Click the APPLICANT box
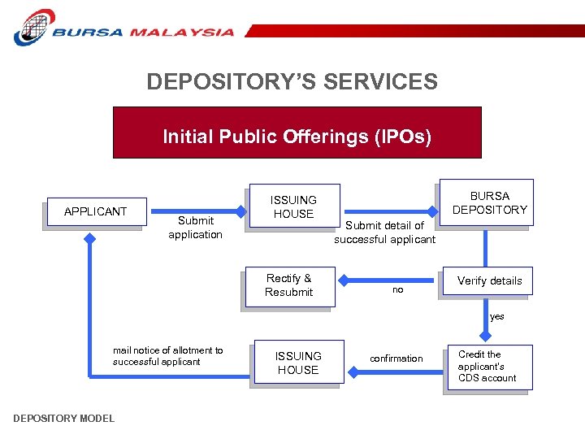point(96,212)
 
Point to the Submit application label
point(195,228)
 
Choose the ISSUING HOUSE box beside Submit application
point(292,207)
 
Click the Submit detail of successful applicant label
point(384,233)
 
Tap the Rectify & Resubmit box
point(288,285)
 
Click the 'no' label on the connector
point(397,289)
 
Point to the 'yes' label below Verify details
point(496,316)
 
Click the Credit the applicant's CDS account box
point(487,367)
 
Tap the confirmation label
point(396,359)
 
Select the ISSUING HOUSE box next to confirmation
point(298,363)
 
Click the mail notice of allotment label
point(167,356)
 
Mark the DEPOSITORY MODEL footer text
point(64,419)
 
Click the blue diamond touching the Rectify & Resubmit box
point(342,281)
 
